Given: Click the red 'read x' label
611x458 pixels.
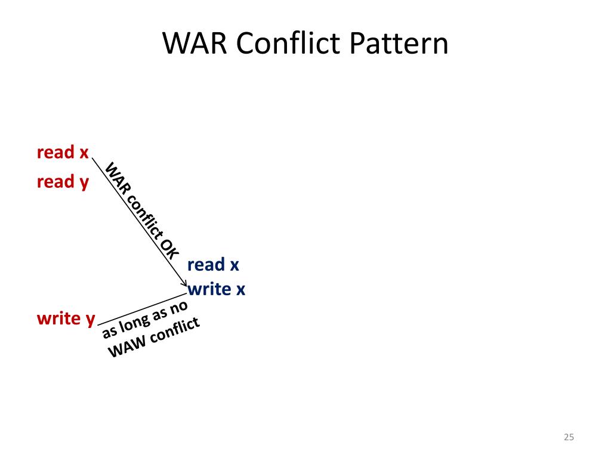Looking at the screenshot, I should click(63, 153).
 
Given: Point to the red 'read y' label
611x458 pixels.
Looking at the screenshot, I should click(63, 182).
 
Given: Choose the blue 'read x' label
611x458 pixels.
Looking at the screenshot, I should click(213, 265).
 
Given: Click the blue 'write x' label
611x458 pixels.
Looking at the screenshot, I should click(216, 290).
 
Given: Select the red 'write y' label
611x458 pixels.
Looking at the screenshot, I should click(66, 319).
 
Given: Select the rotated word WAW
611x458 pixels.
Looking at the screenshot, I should click(125, 346).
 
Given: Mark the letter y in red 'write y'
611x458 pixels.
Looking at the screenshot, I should click(90, 320).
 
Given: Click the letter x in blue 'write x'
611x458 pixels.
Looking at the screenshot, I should click(240, 290).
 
